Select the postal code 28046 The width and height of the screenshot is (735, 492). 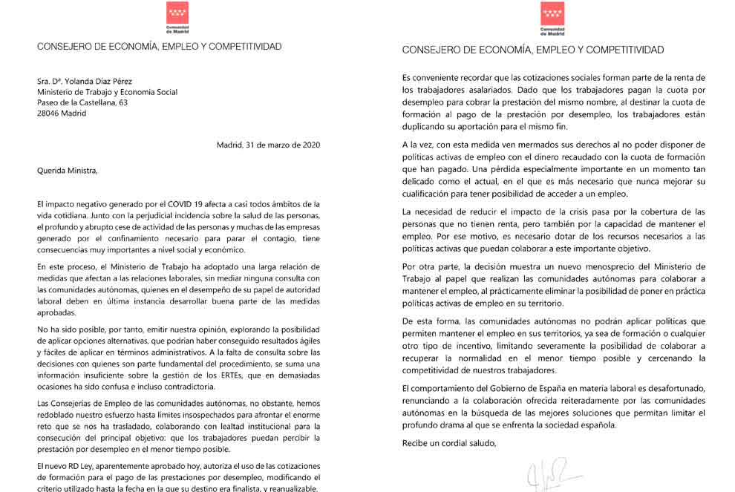click(50, 114)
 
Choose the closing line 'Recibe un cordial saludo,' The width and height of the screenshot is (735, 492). click(448, 444)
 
